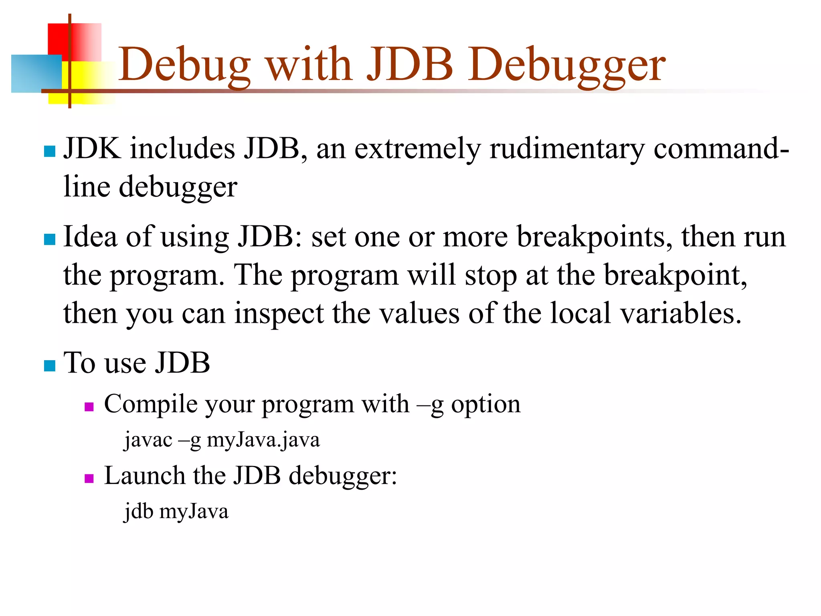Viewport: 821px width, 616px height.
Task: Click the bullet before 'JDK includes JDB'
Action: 49,151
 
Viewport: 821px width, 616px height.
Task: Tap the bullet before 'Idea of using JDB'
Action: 49,239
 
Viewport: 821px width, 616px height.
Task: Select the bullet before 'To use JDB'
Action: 49,366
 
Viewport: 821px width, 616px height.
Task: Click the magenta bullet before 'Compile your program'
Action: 89,407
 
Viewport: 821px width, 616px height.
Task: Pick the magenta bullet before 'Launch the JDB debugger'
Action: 89,478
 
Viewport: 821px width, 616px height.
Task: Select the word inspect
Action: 279,314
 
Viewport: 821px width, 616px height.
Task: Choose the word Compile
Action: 151,404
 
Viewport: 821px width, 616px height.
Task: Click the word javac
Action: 148,440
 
